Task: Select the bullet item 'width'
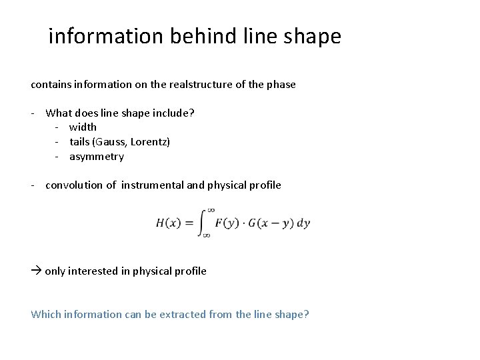(83, 127)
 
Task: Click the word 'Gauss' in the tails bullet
(113, 142)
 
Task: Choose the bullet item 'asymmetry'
(97, 157)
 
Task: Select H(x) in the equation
(167, 223)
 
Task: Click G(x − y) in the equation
(270, 223)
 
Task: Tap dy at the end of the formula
(304, 223)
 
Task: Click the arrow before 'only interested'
(36, 271)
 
